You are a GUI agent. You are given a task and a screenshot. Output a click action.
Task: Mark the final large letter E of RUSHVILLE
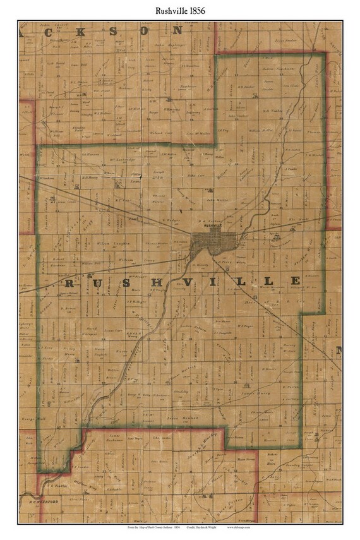[x=294, y=280]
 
